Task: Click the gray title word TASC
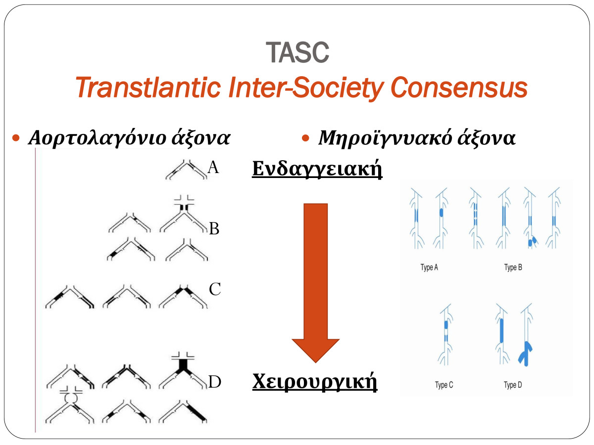click(297, 52)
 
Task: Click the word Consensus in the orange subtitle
click(459, 88)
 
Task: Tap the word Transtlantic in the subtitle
click(148, 87)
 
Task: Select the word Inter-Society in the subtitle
click(306, 88)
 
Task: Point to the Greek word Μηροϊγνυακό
click(385, 138)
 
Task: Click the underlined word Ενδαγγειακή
click(317, 169)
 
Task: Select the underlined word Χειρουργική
click(315, 382)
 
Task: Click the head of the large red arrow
click(315, 350)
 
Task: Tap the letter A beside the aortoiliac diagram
click(213, 167)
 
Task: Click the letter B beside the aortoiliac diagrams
click(214, 228)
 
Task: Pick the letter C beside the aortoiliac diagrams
click(215, 289)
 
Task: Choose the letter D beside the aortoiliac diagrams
click(215, 382)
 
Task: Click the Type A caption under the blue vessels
click(429, 267)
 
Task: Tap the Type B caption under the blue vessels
click(513, 267)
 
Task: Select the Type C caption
click(444, 385)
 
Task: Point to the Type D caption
click(513, 385)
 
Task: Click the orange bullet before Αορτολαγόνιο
click(16, 138)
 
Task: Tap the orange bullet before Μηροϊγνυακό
click(305, 138)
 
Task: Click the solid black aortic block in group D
click(183, 365)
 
